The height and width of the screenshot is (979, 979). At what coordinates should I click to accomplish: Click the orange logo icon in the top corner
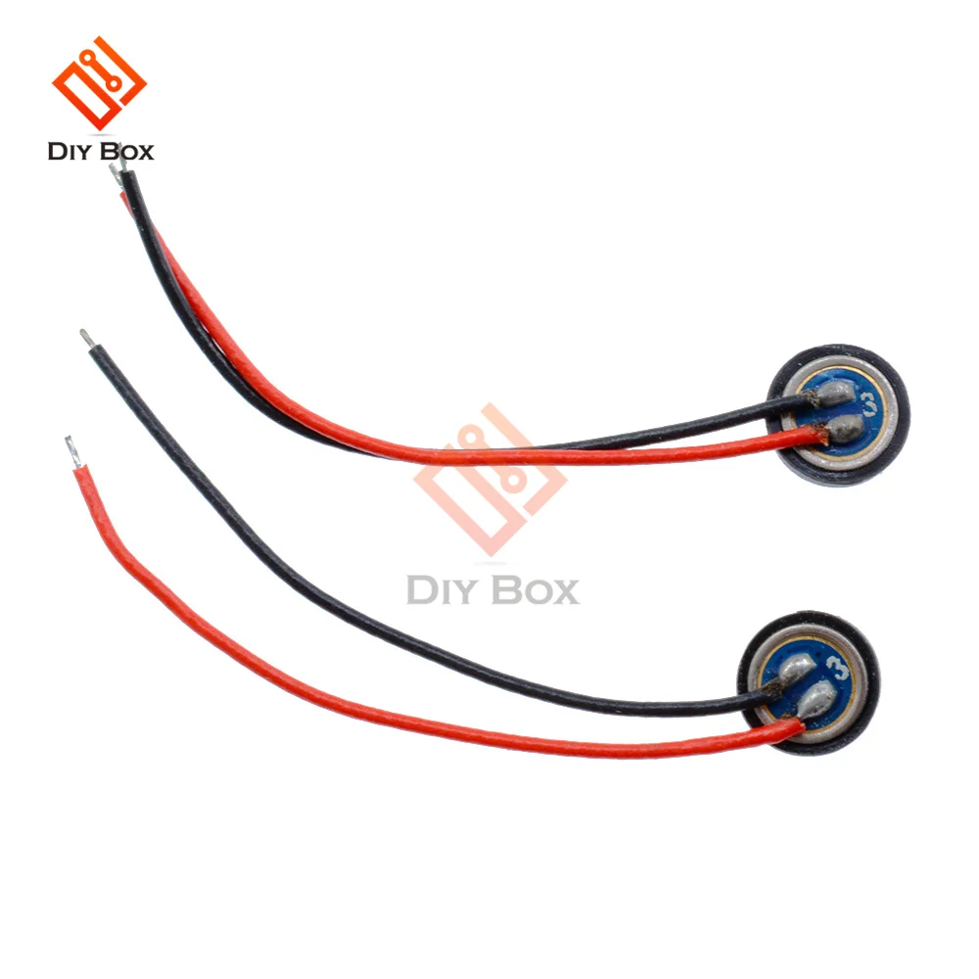point(99,84)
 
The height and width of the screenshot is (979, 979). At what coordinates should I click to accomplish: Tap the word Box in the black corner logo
point(127,152)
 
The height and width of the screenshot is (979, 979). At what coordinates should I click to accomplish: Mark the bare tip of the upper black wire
point(118,176)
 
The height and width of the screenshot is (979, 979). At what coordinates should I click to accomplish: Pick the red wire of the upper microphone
point(489,455)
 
